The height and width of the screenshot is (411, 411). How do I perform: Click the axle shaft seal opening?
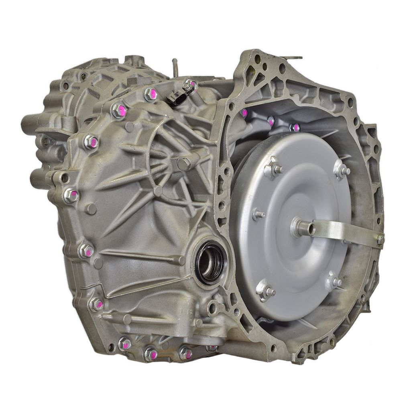coord(210,263)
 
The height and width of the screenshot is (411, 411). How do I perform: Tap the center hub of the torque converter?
coord(301,228)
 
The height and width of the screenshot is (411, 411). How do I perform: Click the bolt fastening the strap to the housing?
coord(380,240)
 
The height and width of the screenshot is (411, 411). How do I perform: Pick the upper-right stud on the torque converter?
coord(342,170)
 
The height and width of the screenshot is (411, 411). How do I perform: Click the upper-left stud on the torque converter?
coord(274,169)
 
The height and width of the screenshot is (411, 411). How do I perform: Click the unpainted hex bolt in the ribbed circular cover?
coord(183,163)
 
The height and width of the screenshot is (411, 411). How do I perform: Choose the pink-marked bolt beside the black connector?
coord(190,85)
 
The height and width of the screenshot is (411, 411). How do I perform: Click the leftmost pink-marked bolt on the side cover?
coord(71,195)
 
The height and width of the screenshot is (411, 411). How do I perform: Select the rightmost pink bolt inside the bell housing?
coord(295,128)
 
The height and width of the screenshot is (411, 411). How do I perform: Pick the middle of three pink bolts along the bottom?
coord(151,353)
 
